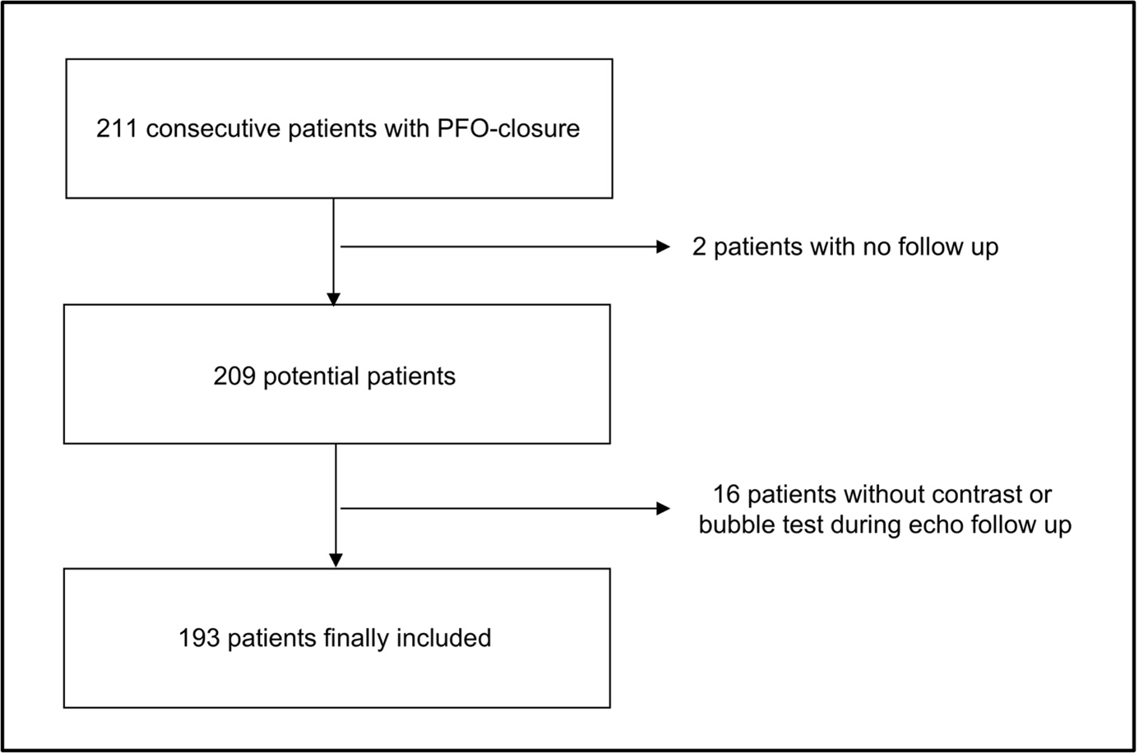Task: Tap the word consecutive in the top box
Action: (212, 129)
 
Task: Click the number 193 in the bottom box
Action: (199, 638)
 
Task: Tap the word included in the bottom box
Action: (444, 638)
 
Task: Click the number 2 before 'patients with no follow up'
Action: (700, 247)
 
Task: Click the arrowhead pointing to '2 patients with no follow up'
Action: (663, 246)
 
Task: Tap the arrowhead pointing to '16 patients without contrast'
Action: (663, 509)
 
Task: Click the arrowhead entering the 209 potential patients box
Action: (333, 298)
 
